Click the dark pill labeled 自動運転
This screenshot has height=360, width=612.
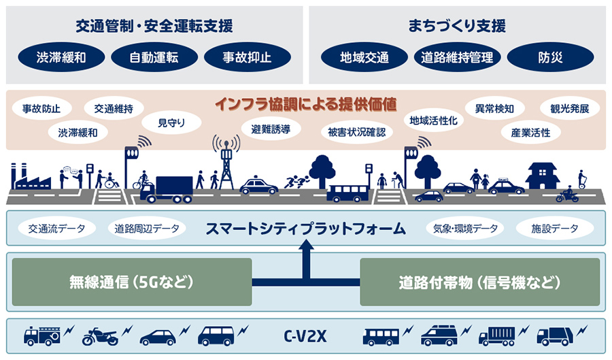[154, 57]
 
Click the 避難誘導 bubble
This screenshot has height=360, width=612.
[271, 128]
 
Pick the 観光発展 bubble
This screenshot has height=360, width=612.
[564, 108]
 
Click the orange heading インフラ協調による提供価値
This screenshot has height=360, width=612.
[305, 104]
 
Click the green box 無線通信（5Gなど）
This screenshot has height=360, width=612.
[132, 281]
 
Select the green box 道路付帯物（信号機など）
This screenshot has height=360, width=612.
[479, 281]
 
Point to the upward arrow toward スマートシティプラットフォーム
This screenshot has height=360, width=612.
[305, 262]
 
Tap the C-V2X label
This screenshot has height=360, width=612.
[305, 336]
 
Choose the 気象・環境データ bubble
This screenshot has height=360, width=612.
[465, 229]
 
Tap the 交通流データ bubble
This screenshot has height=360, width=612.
[52, 229]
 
